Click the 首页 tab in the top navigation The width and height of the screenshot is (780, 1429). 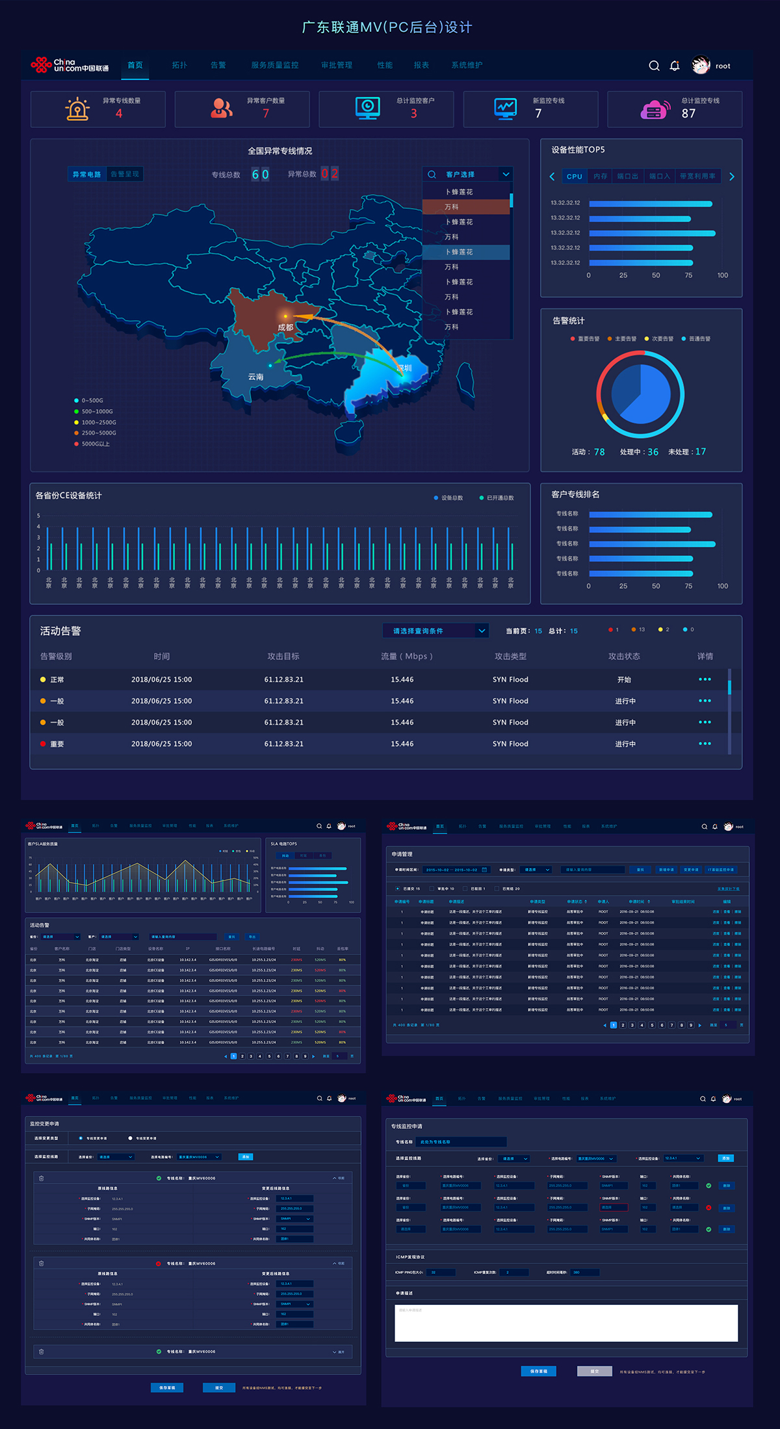135,65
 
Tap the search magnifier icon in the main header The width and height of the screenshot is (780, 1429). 654,66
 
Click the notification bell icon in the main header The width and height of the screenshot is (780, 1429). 675,66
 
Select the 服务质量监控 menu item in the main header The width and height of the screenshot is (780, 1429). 275,65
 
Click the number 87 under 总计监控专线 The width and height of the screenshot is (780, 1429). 688,114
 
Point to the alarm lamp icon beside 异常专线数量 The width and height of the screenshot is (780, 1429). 77,108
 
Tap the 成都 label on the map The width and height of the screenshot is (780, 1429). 285,327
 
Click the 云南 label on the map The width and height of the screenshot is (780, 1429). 256,377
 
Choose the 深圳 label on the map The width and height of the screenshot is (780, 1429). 404,368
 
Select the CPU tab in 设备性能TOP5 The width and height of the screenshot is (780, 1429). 575,176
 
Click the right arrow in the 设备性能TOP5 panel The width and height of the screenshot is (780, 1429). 732,176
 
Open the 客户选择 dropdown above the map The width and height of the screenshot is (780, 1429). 468,174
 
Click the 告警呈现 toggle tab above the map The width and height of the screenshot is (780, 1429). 125,174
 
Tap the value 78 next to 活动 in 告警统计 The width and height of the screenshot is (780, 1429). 599,452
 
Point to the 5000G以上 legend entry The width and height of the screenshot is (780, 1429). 96,444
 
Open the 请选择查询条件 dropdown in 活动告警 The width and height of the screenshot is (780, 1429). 435,631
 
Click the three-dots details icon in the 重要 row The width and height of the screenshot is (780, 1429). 705,744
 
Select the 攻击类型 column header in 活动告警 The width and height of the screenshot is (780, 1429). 510,656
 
